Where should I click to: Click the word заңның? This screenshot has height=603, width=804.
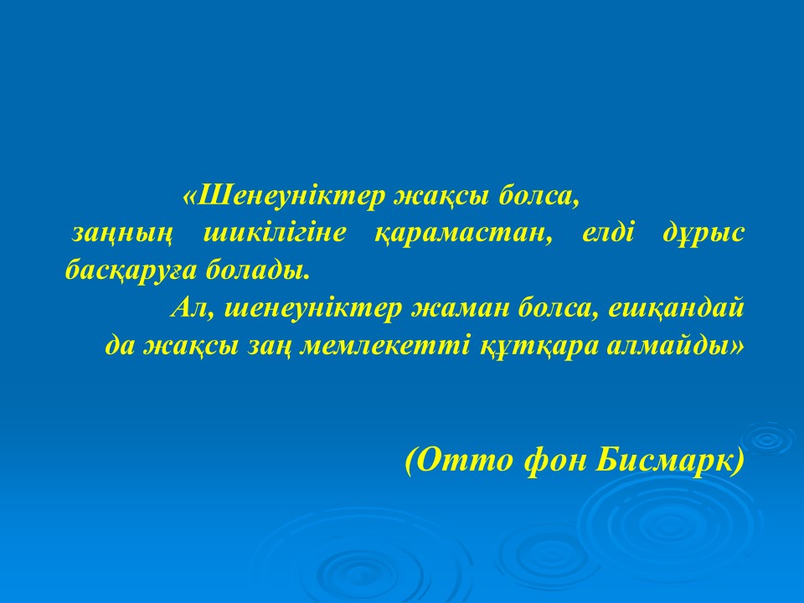tap(122, 234)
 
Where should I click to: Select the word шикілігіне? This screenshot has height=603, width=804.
tap(275, 234)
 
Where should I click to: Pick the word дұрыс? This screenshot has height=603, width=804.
tap(703, 234)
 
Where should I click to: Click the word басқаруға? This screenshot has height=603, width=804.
tap(131, 271)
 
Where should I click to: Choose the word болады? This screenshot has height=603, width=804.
tap(259, 269)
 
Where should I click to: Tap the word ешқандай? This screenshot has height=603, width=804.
tap(676, 309)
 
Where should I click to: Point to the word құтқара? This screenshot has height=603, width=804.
tap(539, 347)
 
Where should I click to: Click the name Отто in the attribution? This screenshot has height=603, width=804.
tap(464, 460)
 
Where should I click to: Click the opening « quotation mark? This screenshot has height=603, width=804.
tap(189, 197)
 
